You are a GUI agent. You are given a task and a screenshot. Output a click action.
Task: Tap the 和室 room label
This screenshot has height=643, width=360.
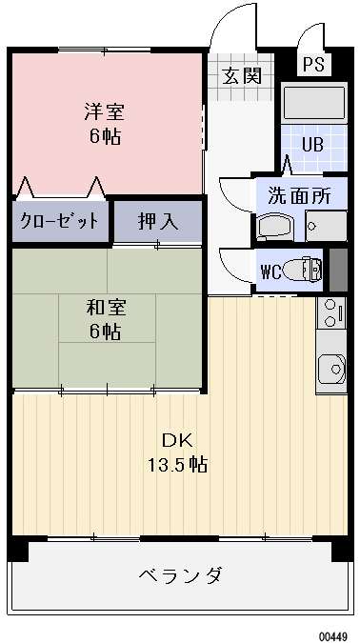coord(105,308)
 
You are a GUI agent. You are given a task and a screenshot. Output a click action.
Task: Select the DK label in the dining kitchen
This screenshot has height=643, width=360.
coord(176,440)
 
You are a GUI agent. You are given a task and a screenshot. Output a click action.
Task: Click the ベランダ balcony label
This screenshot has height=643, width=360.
coord(180,575)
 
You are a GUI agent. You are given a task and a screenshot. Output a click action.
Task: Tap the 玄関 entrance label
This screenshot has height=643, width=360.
coord(242,76)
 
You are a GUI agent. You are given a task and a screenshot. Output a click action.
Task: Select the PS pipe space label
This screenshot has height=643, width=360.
coord(312,65)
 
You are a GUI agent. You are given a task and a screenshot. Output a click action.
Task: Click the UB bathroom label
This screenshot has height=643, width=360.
coord(312,146)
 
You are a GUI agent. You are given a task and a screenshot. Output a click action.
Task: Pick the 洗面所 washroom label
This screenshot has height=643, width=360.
coord(298,197)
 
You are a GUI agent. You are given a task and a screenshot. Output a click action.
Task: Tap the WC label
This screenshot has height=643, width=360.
coord(270,270)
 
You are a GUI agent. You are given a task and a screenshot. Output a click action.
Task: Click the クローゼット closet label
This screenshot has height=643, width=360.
coord(60,221)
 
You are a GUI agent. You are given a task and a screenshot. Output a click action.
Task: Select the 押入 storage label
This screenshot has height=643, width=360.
coord(157,221)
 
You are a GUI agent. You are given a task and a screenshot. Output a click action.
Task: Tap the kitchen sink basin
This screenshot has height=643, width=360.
coord(331,367)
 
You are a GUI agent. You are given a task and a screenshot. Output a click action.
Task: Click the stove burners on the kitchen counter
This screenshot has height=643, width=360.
coord(330,312)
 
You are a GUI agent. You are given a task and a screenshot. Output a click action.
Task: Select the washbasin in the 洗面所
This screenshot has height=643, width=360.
coord(277,228)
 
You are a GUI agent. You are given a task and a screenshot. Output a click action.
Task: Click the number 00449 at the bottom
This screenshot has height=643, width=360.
coord(332,634)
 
